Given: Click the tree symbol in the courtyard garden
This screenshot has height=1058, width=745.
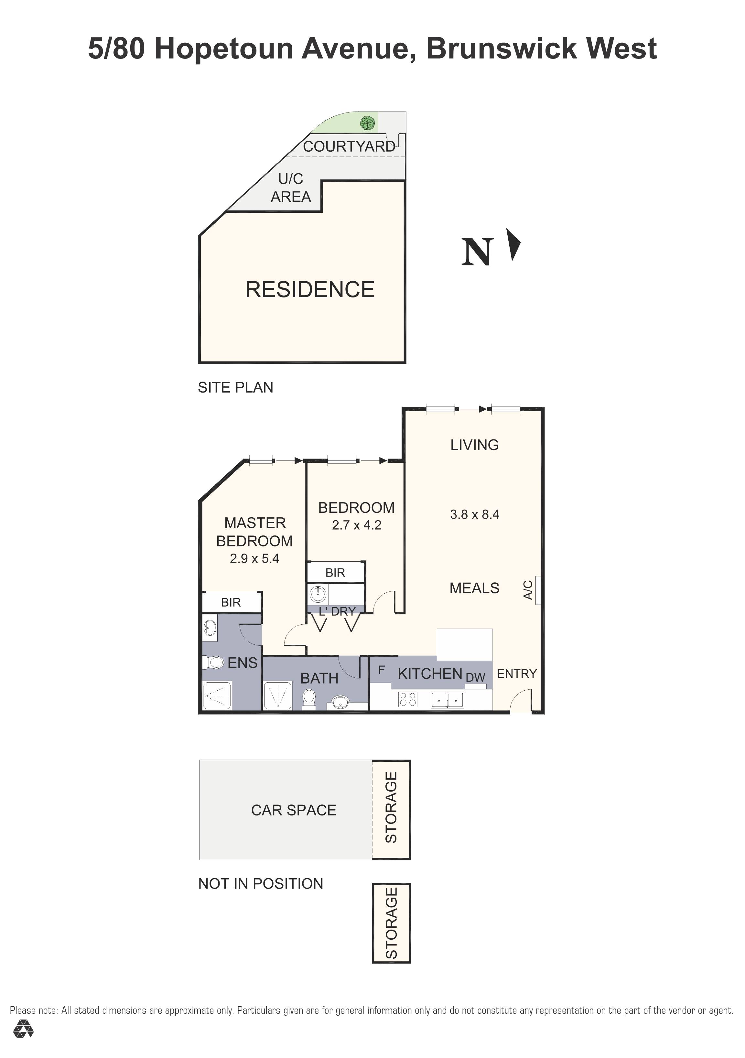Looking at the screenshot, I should (367, 123).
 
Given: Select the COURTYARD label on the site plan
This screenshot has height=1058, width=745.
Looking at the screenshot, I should (349, 146).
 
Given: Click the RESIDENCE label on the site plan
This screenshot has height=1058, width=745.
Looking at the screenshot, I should (310, 290).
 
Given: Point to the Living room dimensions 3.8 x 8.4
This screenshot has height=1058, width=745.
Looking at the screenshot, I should (475, 515).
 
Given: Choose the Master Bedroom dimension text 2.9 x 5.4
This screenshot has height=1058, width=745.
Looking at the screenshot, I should (254, 558).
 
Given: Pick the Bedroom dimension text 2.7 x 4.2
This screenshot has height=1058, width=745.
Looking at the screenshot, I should (357, 525).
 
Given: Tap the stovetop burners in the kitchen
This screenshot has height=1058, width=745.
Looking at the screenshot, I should (408, 699).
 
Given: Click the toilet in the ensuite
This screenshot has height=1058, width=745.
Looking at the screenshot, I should (214, 663).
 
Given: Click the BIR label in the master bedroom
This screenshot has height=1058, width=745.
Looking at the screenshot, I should (231, 602).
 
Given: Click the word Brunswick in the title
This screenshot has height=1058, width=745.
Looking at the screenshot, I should (501, 49).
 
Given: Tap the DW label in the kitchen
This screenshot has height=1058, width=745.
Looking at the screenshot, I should (475, 677).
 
